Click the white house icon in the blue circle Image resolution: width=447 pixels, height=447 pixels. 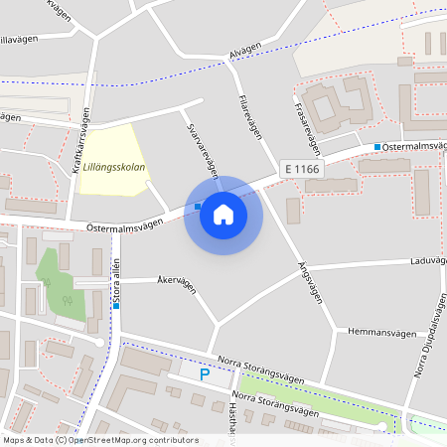coord(223,215)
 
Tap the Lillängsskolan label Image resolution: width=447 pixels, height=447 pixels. coord(115,167)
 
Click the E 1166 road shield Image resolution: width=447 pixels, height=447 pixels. coord(302,170)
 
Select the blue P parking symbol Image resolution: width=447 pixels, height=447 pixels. coord(205,374)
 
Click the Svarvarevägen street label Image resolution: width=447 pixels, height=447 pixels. coord(203,152)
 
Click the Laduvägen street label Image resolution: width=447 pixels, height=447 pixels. coord(428,262)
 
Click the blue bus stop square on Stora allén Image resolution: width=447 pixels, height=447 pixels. coord(116,306)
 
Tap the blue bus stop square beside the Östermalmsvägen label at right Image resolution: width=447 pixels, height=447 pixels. coord(377,148)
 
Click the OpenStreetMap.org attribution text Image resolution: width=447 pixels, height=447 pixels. coord(131,439)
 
